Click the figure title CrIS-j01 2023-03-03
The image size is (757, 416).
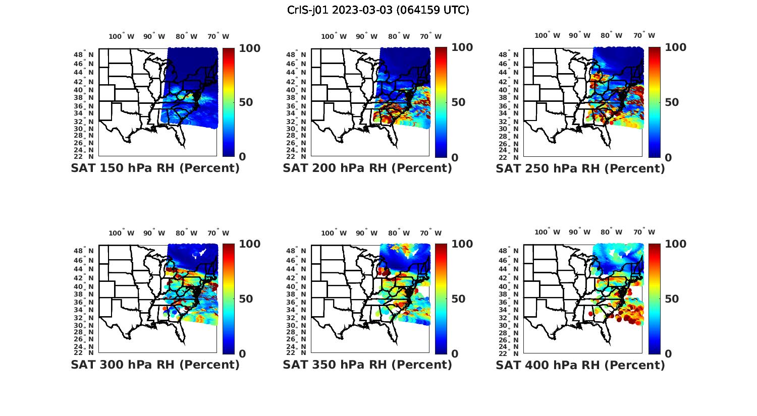(378, 10)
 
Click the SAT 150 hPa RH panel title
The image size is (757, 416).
(155, 168)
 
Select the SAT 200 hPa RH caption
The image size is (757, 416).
(367, 168)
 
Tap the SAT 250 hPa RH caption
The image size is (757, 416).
(580, 168)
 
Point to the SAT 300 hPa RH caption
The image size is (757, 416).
(155, 365)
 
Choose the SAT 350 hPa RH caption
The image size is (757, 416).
(367, 365)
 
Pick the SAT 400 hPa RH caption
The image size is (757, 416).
(580, 365)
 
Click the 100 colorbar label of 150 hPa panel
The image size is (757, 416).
(249, 48)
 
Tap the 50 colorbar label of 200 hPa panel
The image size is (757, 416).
(458, 102)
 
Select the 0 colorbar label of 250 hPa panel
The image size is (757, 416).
(668, 157)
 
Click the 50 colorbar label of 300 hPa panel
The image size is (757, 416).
(246, 299)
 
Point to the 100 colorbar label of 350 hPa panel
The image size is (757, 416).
(462, 244)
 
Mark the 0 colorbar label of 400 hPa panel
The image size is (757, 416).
(668, 353)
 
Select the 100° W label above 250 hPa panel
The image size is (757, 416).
(547, 35)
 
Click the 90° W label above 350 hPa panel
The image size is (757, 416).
(366, 233)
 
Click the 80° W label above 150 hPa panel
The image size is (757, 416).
(187, 36)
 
